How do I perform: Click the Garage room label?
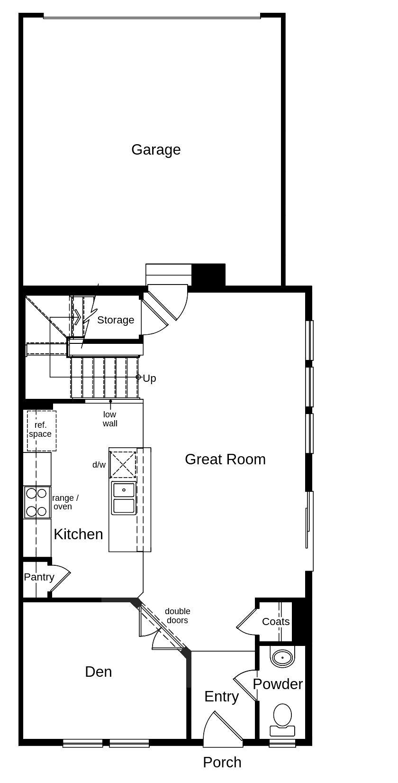click(156, 150)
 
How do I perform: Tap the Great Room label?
click(225, 459)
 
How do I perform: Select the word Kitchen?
click(78, 534)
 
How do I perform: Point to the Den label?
click(99, 672)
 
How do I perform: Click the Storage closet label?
click(116, 320)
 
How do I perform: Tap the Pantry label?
click(39, 577)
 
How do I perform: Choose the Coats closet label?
click(276, 622)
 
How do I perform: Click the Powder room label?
click(278, 684)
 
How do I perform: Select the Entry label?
click(221, 696)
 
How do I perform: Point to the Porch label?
click(222, 762)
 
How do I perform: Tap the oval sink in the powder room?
click(282, 658)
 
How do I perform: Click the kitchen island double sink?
click(124, 498)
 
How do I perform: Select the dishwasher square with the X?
click(123, 464)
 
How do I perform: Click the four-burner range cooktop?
click(37, 502)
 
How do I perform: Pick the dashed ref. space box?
click(41, 431)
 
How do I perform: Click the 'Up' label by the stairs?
click(149, 378)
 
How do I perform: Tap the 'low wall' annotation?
click(110, 419)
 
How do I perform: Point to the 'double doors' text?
click(177, 616)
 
